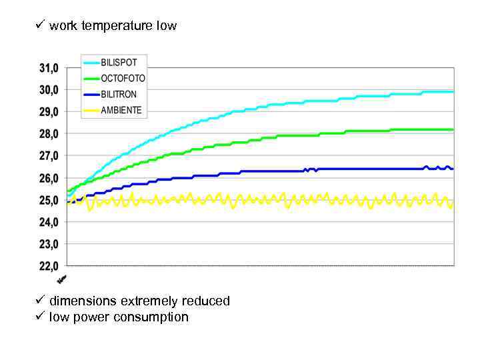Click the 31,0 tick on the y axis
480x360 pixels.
click(47, 67)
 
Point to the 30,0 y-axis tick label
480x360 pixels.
click(47, 89)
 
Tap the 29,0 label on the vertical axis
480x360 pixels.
click(47, 111)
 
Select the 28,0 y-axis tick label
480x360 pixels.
click(47, 133)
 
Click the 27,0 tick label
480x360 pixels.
click(47, 155)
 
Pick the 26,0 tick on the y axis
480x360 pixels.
click(47, 178)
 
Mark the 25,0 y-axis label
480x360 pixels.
click(47, 200)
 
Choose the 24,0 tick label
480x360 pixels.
click(47, 222)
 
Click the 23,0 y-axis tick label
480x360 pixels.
click(47, 244)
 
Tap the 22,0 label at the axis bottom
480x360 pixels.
click(47, 266)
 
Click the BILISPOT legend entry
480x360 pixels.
click(119, 62)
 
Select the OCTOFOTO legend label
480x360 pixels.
click(123, 78)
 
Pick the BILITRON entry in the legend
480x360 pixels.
click(119, 94)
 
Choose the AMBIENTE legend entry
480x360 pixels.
click(121, 110)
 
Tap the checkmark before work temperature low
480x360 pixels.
click(39, 25)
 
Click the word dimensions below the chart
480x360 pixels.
click(82, 301)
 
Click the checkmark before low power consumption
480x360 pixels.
click(39, 317)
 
